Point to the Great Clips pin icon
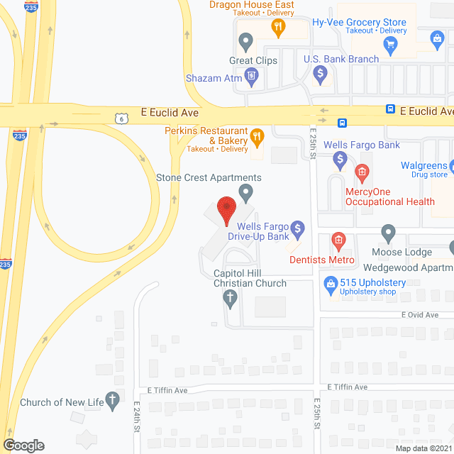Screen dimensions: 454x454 click(x=245, y=43)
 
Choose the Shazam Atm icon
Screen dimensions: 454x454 click(x=250, y=75)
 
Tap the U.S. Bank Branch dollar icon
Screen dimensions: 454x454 click(x=321, y=72)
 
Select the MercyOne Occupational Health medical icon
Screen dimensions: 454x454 click(x=362, y=172)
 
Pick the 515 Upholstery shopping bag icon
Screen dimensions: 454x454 click(x=330, y=285)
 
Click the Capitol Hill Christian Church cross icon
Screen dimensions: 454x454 click(x=230, y=299)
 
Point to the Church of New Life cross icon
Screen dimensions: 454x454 click(x=111, y=401)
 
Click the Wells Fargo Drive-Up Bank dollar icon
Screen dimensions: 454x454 click(x=299, y=228)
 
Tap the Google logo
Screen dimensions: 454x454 click(x=23, y=445)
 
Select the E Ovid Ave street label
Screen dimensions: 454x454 click(x=419, y=314)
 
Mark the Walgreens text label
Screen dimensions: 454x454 click(x=423, y=165)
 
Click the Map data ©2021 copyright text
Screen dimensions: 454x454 click(x=423, y=448)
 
